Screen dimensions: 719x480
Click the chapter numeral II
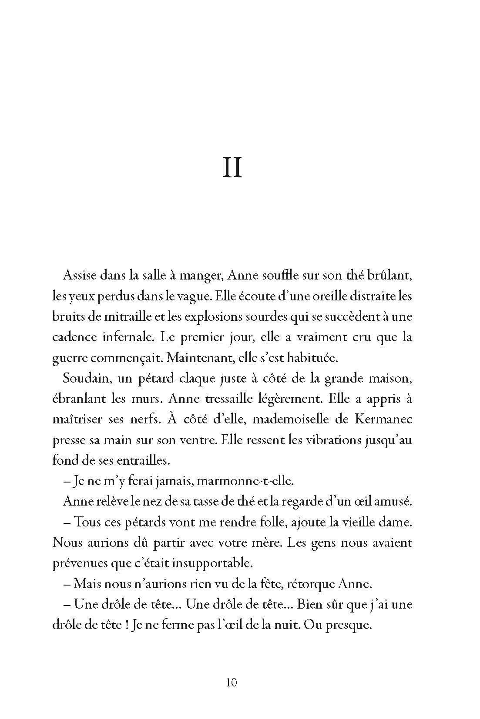232,168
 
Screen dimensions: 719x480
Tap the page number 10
232,682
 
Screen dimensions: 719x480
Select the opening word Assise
80,275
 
